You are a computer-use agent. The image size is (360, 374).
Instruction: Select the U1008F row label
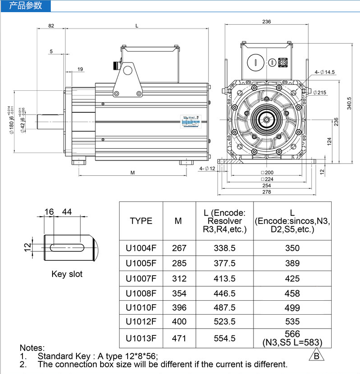tap(141, 294)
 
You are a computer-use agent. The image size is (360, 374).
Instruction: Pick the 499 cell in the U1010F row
tap(292, 308)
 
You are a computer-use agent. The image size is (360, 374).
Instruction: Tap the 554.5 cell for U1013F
tap(225, 338)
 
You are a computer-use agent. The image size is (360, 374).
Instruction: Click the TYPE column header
tap(141, 221)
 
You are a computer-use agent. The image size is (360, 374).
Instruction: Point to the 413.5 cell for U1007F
tap(225, 279)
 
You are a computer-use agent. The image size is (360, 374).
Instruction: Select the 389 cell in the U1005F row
tap(292, 263)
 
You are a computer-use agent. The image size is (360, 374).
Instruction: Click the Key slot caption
tap(67, 274)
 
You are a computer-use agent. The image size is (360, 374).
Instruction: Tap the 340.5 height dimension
tap(350, 103)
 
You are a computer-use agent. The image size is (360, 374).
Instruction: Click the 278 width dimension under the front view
tap(267, 192)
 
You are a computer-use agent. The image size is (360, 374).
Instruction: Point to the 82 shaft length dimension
tap(51, 26)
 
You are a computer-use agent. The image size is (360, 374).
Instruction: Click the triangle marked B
tap(317, 356)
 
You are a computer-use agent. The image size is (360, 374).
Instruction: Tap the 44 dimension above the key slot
tap(67, 212)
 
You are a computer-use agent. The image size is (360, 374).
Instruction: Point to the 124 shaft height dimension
tap(329, 141)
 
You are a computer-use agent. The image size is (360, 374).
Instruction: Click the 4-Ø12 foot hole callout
tap(208, 169)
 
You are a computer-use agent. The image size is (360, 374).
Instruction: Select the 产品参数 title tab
tap(26, 5)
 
